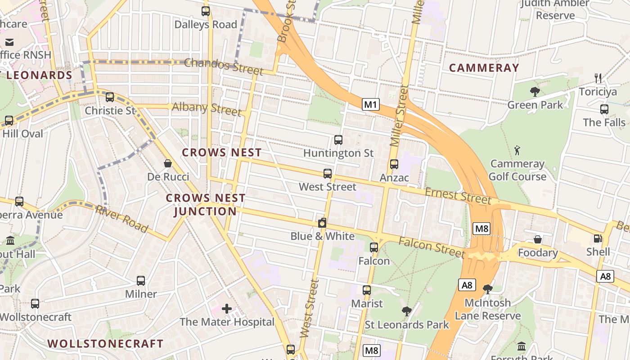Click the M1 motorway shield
pyautogui.click(x=370, y=105)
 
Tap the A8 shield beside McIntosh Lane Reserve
pyautogui.click(x=467, y=285)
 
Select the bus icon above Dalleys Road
pyautogui.click(x=206, y=11)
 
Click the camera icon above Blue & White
pyautogui.click(x=322, y=223)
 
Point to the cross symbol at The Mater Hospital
pyautogui.click(x=227, y=309)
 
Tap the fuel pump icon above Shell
pyautogui.click(x=598, y=238)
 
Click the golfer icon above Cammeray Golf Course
pyautogui.click(x=517, y=150)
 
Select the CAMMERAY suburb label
pyautogui.click(x=484, y=68)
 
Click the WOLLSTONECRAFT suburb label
pyautogui.click(x=106, y=343)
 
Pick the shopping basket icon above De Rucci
pyautogui.click(x=168, y=163)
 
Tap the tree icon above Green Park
pyautogui.click(x=535, y=92)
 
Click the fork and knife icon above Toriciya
pyautogui.click(x=598, y=78)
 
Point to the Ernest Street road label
pyautogui.click(x=458, y=196)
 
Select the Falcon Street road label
pyautogui.click(x=431, y=247)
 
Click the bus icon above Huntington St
pyautogui.click(x=338, y=140)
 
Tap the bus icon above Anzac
pyautogui.click(x=394, y=164)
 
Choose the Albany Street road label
pyautogui.click(x=207, y=108)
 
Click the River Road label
pyautogui.click(x=121, y=219)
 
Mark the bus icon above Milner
pyautogui.click(x=141, y=281)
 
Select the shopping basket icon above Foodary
pyautogui.click(x=537, y=239)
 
